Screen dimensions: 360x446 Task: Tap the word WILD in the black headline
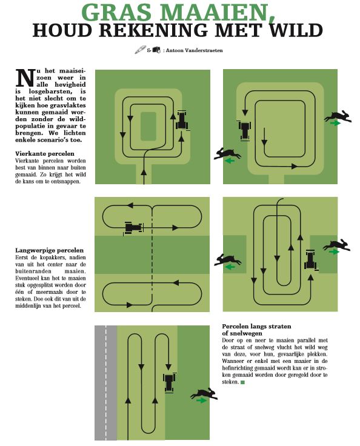[x=296, y=30]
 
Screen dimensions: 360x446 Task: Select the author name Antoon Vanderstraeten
[x=194, y=50]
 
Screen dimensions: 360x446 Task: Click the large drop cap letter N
[x=25, y=78]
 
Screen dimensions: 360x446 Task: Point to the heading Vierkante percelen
[x=45, y=153]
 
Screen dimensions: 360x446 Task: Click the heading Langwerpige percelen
[x=50, y=250]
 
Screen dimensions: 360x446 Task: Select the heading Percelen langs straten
[x=256, y=326]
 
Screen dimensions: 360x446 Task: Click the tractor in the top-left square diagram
[x=182, y=121]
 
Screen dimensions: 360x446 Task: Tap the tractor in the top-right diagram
[x=244, y=130]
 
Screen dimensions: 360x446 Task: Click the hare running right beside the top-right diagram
[x=338, y=116]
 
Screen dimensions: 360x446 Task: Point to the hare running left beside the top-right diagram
[x=227, y=154]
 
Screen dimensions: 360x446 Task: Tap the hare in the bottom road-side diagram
[x=204, y=394]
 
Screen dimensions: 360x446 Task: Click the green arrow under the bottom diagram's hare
[x=201, y=400]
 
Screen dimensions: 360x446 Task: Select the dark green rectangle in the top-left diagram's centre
[x=148, y=126]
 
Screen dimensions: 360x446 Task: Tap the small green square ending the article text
[x=243, y=382]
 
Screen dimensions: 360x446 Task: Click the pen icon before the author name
[x=140, y=50]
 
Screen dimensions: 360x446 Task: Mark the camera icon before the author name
[x=156, y=50]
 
